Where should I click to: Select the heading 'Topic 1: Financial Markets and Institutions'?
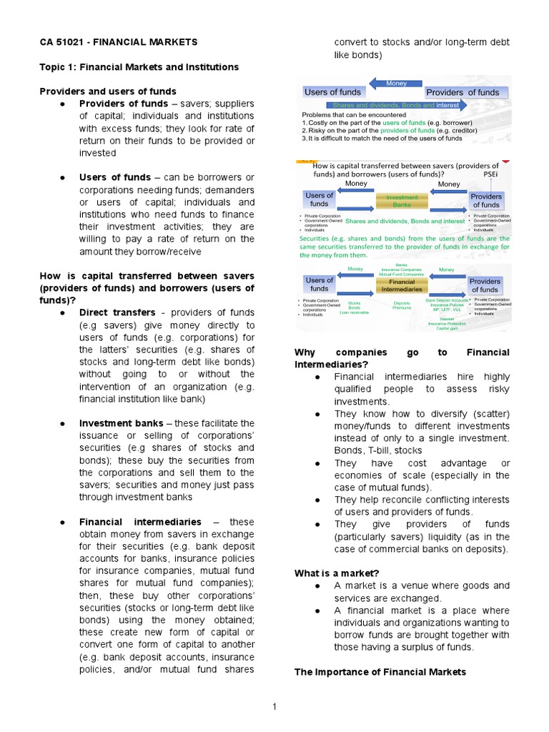(x=139, y=66)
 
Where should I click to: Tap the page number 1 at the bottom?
(x=274, y=707)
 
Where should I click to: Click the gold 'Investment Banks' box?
(x=406, y=201)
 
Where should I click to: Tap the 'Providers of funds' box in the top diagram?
(x=463, y=92)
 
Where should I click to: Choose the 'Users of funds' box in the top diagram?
(x=332, y=91)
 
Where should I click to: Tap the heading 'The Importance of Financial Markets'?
(x=380, y=671)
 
